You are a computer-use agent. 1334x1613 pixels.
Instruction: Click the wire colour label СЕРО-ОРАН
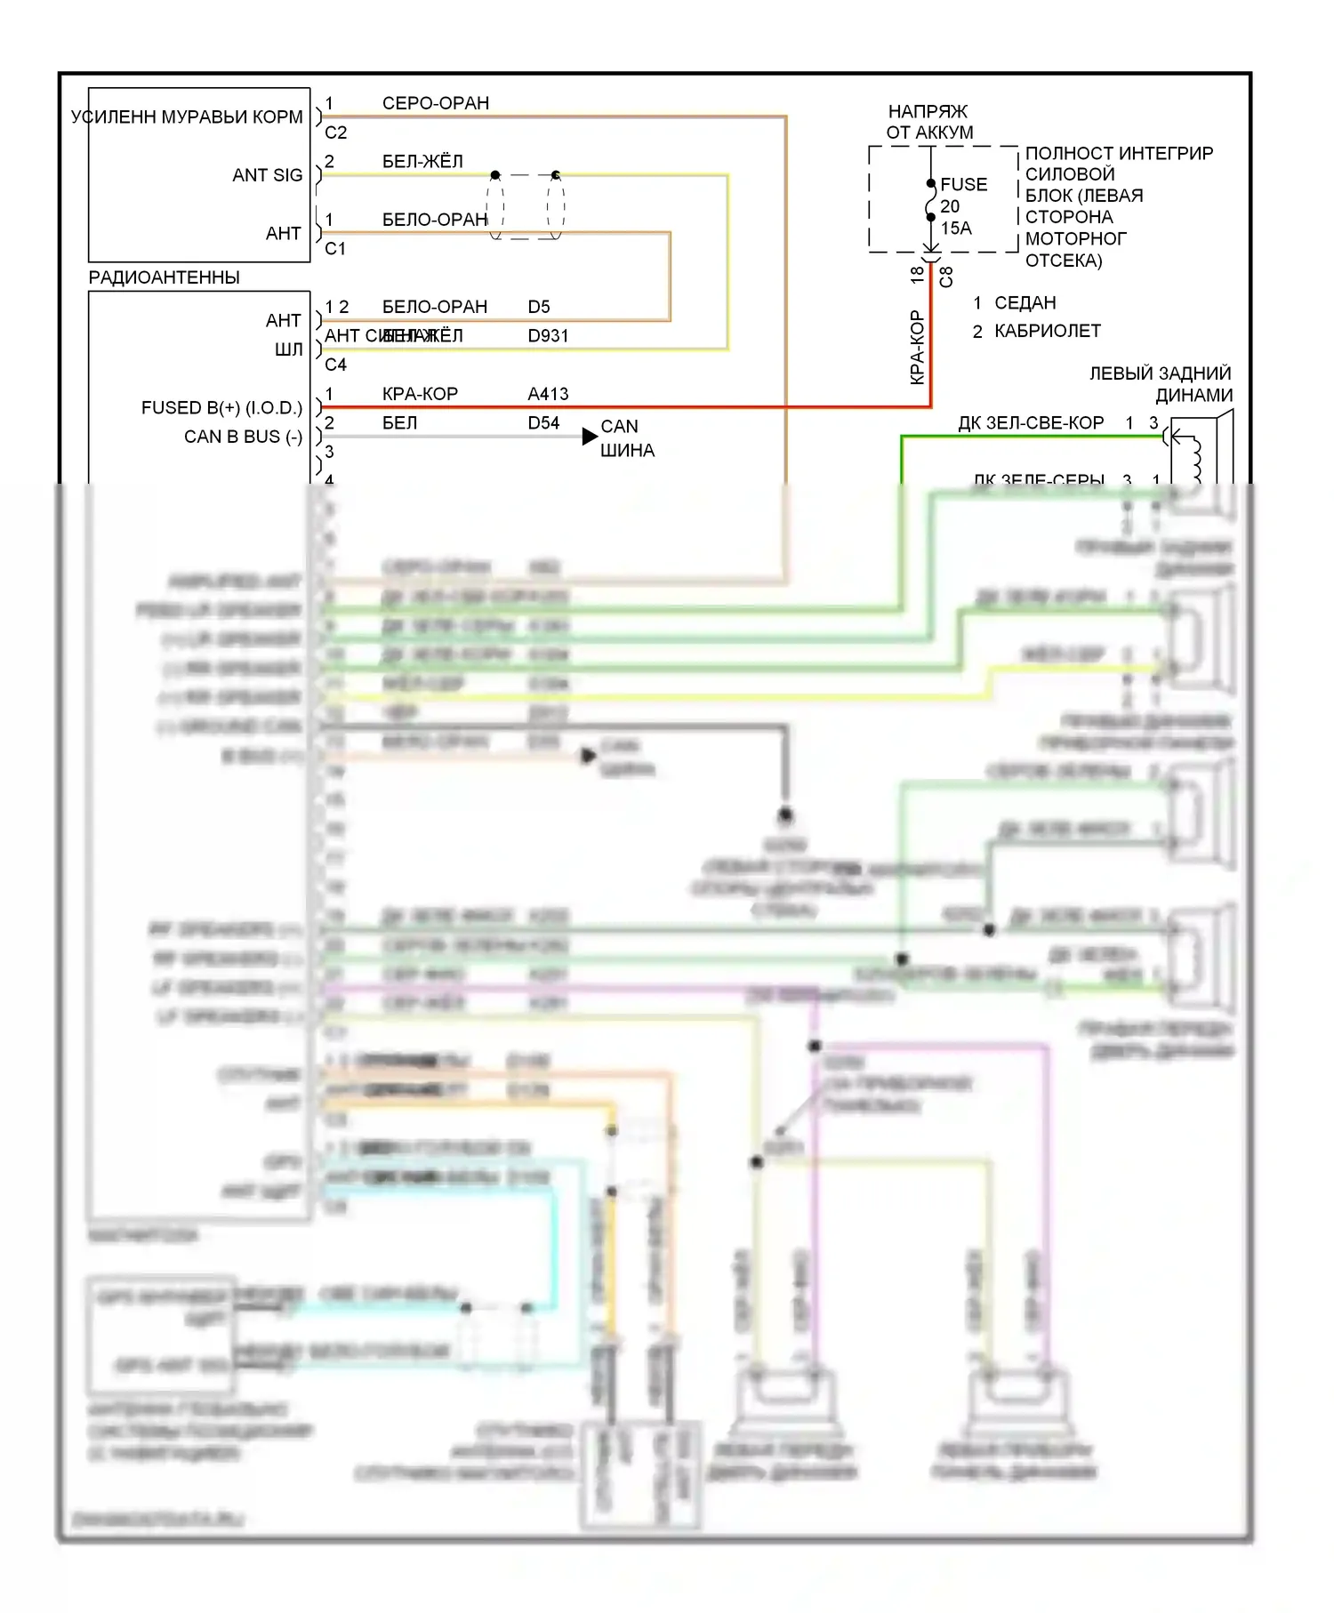tap(435, 103)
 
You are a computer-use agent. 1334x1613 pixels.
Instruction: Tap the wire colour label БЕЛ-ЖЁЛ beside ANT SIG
tap(422, 161)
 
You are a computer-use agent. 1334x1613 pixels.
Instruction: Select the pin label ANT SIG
tap(267, 175)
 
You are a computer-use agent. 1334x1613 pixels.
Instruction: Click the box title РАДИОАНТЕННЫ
tap(164, 277)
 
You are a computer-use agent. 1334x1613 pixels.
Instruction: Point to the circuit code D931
tap(548, 336)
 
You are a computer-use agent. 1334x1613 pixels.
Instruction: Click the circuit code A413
tap(548, 394)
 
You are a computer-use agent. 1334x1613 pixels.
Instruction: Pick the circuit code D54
tap(543, 423)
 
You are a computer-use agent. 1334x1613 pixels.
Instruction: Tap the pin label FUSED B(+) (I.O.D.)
tap(221, 408)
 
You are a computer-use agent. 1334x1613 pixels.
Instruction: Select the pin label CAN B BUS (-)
tap(243, 437)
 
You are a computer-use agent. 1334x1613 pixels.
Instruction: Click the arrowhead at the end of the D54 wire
tap(590, 437)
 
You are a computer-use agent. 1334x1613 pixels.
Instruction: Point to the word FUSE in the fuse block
tap(963, 185)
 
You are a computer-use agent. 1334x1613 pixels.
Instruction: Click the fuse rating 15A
tap(956, 228)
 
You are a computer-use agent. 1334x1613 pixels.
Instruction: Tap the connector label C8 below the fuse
tap(946, 277)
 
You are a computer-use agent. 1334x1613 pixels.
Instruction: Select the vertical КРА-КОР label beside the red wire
tap(917, 348)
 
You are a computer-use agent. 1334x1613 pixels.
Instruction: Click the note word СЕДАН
tap(1025, 303)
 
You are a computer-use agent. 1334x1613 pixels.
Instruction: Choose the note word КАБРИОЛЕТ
tap(1047, 331)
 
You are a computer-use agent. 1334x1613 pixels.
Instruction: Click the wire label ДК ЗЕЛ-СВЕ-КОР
tap(1031, 423)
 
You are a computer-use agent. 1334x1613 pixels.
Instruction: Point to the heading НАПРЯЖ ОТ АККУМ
tap(928, 122)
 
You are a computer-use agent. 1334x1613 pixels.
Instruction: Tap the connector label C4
tap(335, 365)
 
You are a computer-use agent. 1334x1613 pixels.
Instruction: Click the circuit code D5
tap(539, 307)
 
